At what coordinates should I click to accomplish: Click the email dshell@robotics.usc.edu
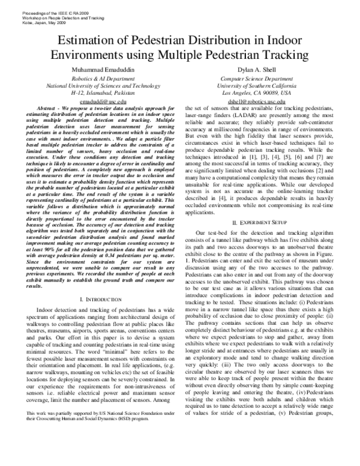(256, 103)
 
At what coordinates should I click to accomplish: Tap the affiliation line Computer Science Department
(256, 79)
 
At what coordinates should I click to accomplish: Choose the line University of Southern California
(256, 86)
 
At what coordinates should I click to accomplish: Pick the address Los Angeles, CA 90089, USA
(256, 94)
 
